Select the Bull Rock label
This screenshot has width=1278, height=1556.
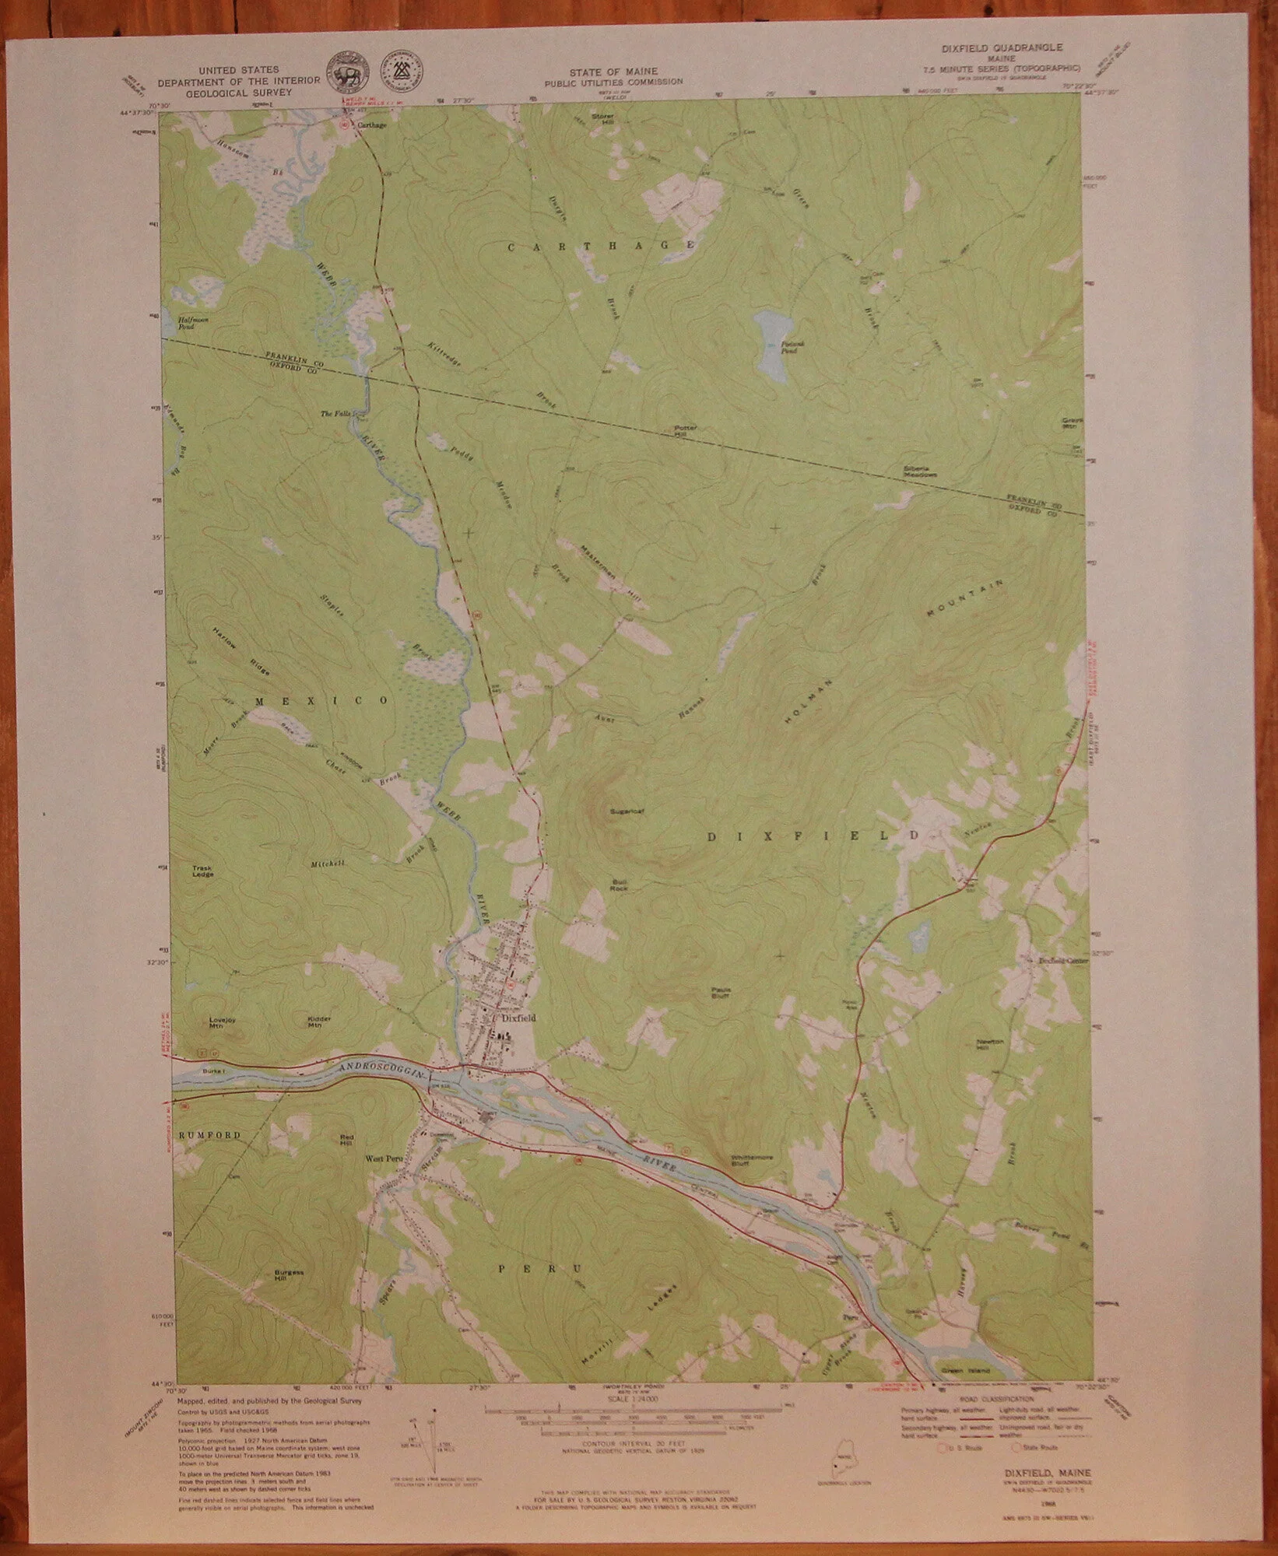pyautogui.click(x=619, y=884)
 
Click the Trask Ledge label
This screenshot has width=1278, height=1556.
pyautogui.click(x=203, y=871)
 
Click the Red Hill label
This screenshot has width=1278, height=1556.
pyautogui.click(x=347, y=1141)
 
